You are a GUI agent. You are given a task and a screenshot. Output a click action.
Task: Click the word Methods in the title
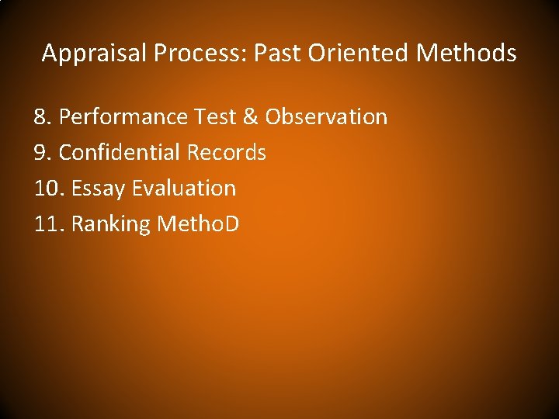pyautogui.click(x=466, y=54)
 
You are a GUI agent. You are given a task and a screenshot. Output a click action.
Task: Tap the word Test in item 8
pyautogui.click(x=217, y=117)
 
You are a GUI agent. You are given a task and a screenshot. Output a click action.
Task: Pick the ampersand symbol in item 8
pyautogui.click(x=252, y=117)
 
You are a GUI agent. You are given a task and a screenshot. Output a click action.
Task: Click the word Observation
pyautogui.click(x=326, y=117)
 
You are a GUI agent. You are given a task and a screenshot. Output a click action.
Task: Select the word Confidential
pyautogui.click(x=120, y=153)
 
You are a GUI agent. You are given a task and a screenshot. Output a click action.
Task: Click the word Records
pyautogui.click(x=227, y=153)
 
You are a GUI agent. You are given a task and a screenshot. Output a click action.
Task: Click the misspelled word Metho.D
pyautogui.click(x=198, y=224)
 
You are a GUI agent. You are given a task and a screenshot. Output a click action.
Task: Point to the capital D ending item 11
pyautogui.click(x=231, y=224)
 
